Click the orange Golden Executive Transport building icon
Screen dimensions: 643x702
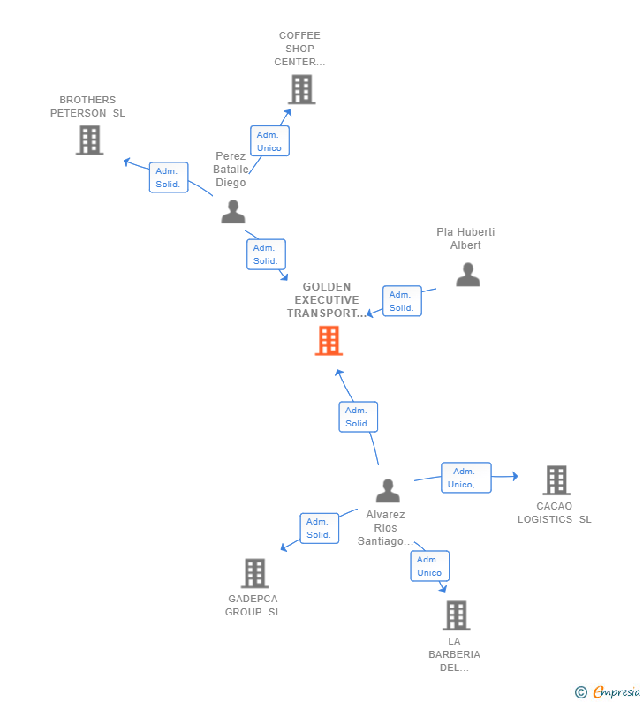(x=329, y=340)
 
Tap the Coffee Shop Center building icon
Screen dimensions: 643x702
(x=302, y=89)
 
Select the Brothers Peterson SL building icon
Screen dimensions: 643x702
(x=89, y=140)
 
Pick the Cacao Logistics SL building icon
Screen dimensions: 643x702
(x=556, y=480)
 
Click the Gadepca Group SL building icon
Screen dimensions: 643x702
(x=254, y=573)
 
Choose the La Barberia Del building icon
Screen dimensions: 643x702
(x=457, y=615)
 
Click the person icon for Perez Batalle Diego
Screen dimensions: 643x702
(x=233, y=212)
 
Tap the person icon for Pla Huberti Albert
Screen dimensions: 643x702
(x=468, y=275)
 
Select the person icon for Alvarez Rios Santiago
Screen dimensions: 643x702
(x=388, y=491)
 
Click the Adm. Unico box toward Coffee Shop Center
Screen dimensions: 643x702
(x=269, y=141)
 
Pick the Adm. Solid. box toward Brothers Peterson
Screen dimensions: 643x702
(x=169, y=177)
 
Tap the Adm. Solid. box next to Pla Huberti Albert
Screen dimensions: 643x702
(x=402, y=301)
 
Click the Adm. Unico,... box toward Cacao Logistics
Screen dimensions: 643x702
(x=466, y=478)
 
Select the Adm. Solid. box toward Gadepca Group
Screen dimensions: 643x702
(x=319, y=528)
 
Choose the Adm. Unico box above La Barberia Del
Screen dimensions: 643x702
(x=430, y=566)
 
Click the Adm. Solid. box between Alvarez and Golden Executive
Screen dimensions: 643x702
(x=359, y=417)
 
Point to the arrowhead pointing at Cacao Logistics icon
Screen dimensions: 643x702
(x=516, y=476)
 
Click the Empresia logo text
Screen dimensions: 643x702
(x=617, y=691)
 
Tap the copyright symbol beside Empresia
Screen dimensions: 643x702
(x=581, y=692)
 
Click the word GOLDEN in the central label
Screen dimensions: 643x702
(x=327, y=286)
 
